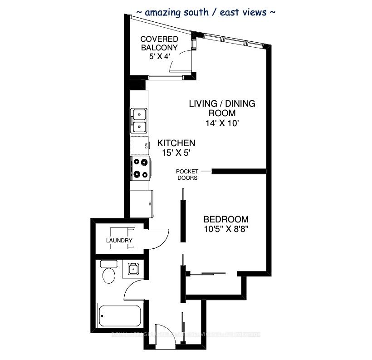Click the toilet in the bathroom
point(109,274)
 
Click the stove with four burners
point(140,168)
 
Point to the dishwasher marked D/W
point(140,145)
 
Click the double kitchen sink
point(139,120)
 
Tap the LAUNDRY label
point(119,241)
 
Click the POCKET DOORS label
point(187,174)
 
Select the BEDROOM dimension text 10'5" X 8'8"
point(226,228)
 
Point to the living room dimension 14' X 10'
point(222,123)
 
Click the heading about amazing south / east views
point(206,12)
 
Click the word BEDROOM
point(226,218)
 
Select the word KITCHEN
point(176,143)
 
